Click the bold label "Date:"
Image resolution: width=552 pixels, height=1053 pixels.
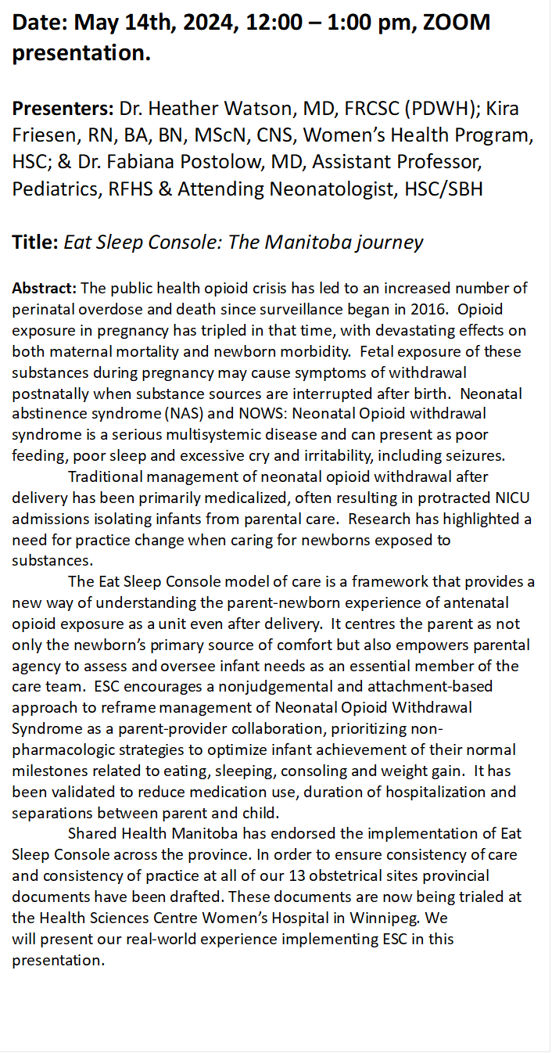coord(40,23)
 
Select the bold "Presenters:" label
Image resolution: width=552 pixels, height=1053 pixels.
coord(63,108)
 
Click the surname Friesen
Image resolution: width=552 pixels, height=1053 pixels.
coord(40,135)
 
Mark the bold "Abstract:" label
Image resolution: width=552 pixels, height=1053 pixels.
coord(44,289)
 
